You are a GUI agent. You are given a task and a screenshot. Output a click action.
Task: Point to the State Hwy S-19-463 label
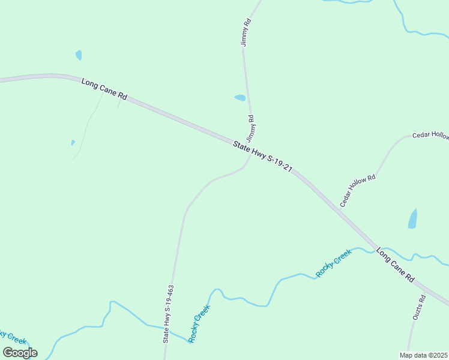pos(169,313)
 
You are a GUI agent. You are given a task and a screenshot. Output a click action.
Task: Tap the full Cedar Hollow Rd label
pos(358,191)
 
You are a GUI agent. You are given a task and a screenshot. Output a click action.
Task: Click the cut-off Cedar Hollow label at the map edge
pos(430,136)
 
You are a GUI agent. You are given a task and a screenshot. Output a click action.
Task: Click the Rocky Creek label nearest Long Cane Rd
pos(334,264)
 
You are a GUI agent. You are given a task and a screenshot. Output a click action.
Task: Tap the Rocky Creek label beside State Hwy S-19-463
pos(200,324)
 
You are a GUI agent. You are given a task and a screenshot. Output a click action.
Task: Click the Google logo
pos(20,352)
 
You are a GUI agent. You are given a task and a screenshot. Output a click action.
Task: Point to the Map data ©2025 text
pos(423,355)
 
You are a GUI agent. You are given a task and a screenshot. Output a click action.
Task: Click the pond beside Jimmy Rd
pos(240,97)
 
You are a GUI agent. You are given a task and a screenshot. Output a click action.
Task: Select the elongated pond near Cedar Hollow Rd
pos(412,219)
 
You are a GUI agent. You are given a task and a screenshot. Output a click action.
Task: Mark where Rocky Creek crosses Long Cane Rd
pos(378,247)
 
